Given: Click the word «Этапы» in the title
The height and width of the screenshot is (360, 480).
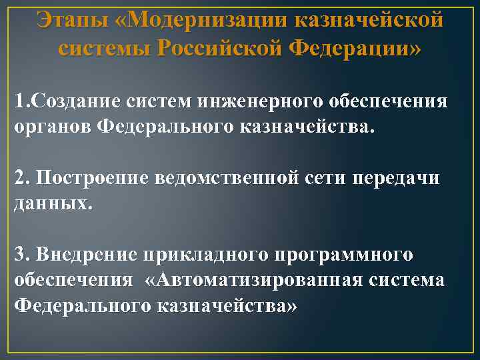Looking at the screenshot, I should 69,19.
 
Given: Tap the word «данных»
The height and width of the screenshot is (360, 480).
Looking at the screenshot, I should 51,203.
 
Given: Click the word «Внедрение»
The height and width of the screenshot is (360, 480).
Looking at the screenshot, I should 85,255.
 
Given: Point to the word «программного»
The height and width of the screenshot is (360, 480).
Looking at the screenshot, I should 343,255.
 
